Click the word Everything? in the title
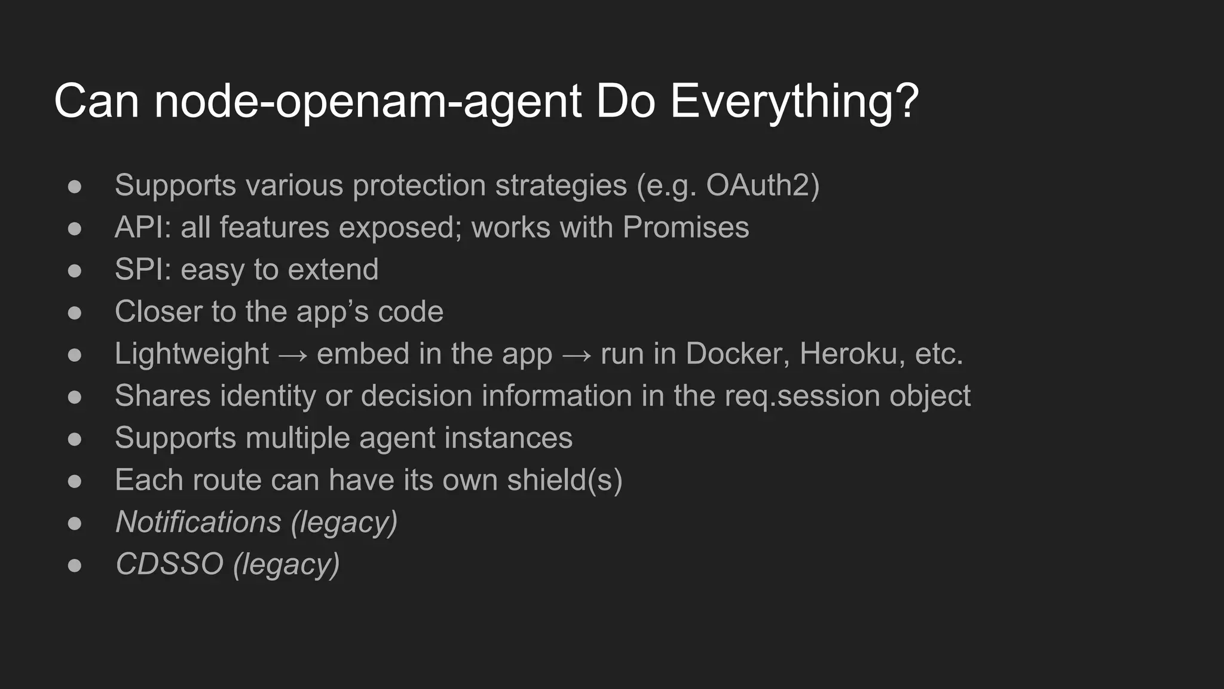[x=794, y=102]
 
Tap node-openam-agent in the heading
[x=368, y=102]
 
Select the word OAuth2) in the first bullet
[x=763, y=185]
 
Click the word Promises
[x=686, y=228]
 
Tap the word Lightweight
[x=192, y=354]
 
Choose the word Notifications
[x=198, y=522]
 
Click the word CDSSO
[x=169, y=564]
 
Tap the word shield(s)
[x=565, y=480]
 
